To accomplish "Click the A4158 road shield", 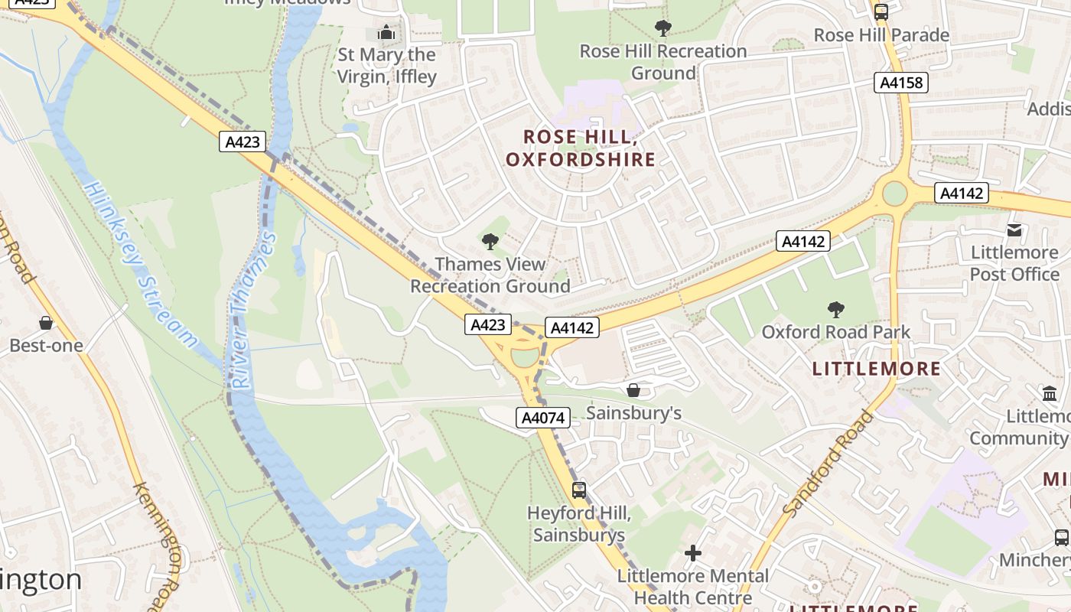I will pos(900,83).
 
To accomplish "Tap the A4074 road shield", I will pos(543,418).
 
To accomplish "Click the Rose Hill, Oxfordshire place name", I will pos(581,148).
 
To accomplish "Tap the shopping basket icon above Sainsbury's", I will pos(633,390).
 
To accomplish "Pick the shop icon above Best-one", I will pos(46,323).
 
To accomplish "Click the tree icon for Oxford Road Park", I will pos(835,310).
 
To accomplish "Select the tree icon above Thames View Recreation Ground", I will pos(490,243).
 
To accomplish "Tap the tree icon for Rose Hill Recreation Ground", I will pos(663,29).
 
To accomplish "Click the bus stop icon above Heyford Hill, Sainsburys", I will pos(579,490).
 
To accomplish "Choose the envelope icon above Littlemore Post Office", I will pos(1014,229).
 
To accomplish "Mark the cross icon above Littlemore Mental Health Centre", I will pos(693,553).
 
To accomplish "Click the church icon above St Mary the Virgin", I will pos(386,33).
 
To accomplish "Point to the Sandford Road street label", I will pos(828,463).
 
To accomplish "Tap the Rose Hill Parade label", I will pos(881,35).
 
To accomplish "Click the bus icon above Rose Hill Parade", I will pos(881,12).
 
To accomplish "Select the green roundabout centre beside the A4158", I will pos(894,194).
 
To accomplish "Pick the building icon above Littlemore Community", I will pos(1050,394).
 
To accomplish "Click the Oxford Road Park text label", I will pos(835,332).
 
